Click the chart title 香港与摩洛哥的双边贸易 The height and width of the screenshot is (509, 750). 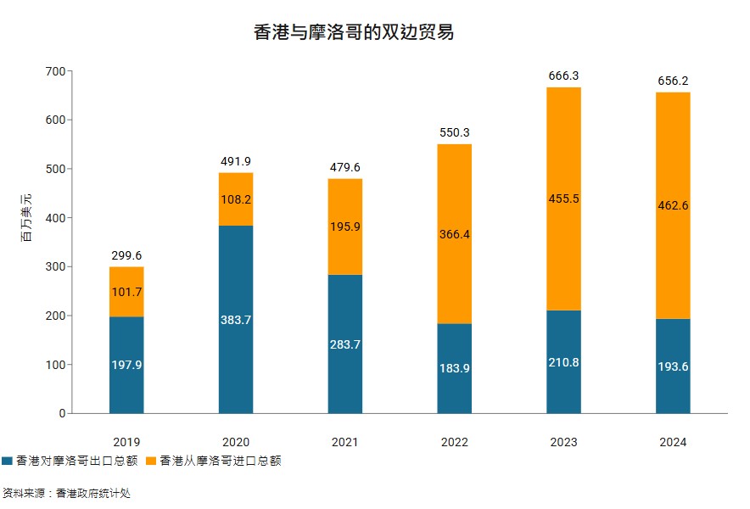(354, 33)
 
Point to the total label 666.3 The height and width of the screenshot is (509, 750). (563, 76)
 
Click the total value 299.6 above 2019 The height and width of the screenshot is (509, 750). (126, 255)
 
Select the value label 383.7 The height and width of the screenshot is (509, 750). (236, 320)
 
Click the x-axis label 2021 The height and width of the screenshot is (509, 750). (345, 442)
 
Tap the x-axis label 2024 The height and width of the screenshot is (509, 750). (673, 442)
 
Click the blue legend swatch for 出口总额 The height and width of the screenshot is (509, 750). (8, 461)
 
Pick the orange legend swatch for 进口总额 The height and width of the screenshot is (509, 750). (151, 461)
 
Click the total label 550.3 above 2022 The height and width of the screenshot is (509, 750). (454, 133)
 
